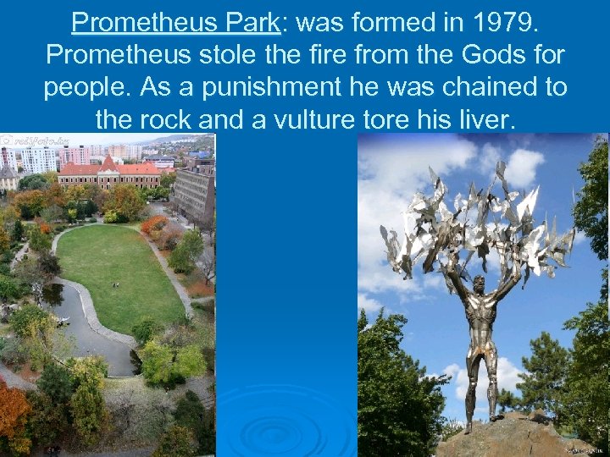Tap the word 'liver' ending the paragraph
482,120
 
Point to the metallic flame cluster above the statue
470,220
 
